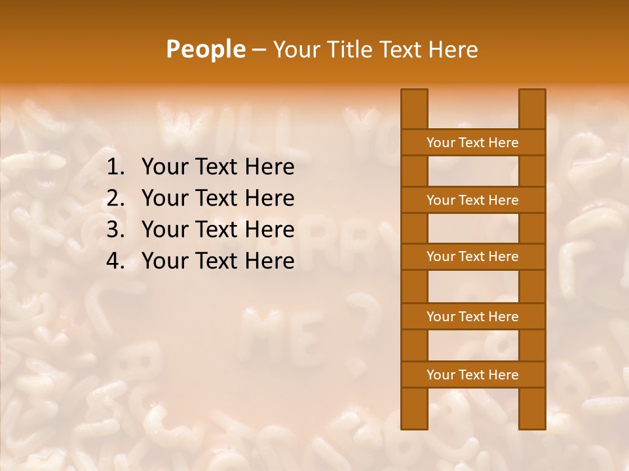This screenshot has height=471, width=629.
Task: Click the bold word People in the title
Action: pos(206,49)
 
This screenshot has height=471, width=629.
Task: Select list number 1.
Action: pos(115,167)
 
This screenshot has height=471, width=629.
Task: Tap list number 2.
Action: pos(115,198)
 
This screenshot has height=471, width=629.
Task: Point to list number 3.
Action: pos(115,230)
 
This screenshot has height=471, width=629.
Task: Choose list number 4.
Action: pos(115,261)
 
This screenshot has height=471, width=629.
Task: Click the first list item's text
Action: pos(218,167)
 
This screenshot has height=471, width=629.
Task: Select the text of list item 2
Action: pos(218,198)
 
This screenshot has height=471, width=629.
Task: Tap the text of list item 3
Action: pos(218,230)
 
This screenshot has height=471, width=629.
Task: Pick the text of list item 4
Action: pos(218,261)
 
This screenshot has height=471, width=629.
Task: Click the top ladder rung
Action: pos(472,143)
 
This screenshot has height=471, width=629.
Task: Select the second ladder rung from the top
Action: pos(472,200)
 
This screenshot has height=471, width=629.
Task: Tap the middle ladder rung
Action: pos(472,257)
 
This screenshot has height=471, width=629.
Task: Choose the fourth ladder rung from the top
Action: pos(472,317)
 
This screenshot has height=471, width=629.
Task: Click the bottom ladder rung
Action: pos(472,375)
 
